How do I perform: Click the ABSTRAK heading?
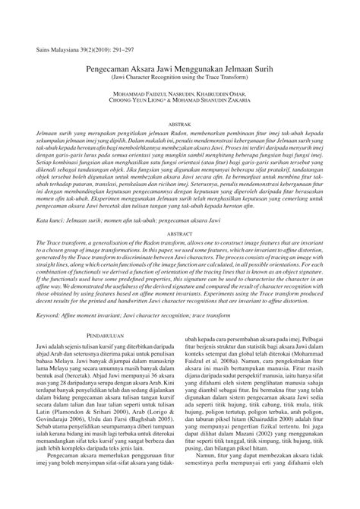coord(179,123)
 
